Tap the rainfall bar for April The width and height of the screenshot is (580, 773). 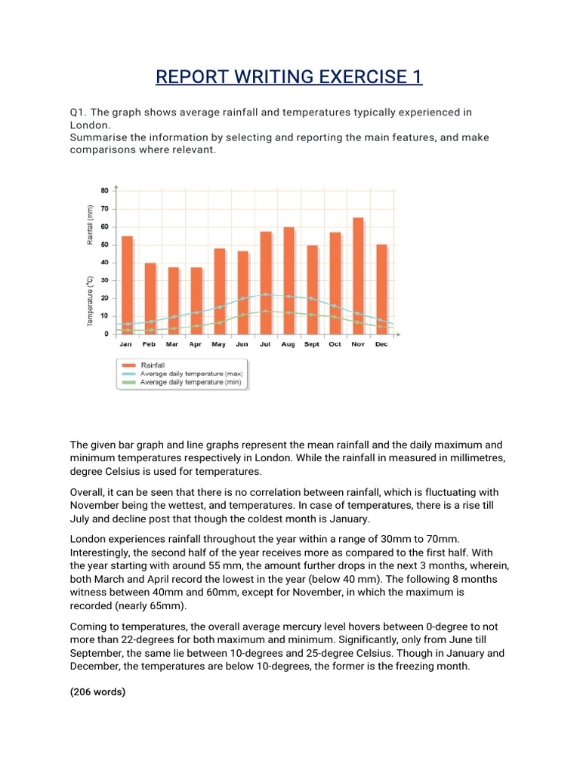coord(196,300)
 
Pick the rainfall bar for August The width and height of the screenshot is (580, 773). coord(288,280)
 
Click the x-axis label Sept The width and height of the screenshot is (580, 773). coord(312,344)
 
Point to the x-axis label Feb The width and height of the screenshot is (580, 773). coord(150,344)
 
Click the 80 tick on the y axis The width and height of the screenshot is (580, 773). coord(104,190)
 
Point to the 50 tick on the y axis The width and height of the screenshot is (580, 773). coord(104,245)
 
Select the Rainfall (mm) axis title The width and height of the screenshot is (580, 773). coord(90,225)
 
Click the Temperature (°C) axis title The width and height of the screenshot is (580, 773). coord(90,300)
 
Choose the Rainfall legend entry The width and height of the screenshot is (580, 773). coord(153,365)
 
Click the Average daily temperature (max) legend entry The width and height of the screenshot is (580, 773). coord(189,374)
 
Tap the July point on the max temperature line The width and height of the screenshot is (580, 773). coord(265,294)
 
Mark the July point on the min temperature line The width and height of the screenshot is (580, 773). coord(265,311)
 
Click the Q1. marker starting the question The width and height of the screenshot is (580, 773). coord(79,112)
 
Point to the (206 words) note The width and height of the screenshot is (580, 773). coord(98,690)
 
